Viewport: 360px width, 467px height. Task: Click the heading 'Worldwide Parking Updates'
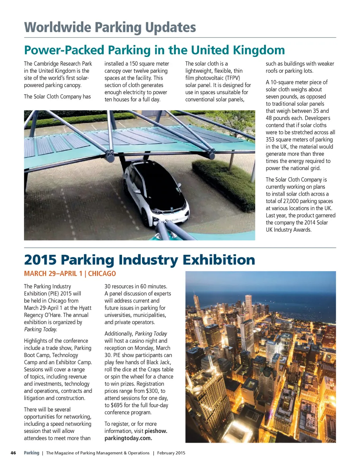(x=110, y=27)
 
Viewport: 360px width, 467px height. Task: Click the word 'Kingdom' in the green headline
(x=258, y=50)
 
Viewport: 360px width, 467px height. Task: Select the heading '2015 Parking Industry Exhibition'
(x=139, y=260)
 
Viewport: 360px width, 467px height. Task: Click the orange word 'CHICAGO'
(x=102, y=274)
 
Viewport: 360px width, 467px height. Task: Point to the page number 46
(x=13, y=453)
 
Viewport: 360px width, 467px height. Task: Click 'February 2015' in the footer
(x=171, y=453)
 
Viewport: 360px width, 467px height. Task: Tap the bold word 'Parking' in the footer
(x=31, y=453)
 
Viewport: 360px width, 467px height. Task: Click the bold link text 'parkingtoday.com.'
(x=128, y=438)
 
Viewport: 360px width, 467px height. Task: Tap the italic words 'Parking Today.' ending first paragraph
(x=40, y=329)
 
